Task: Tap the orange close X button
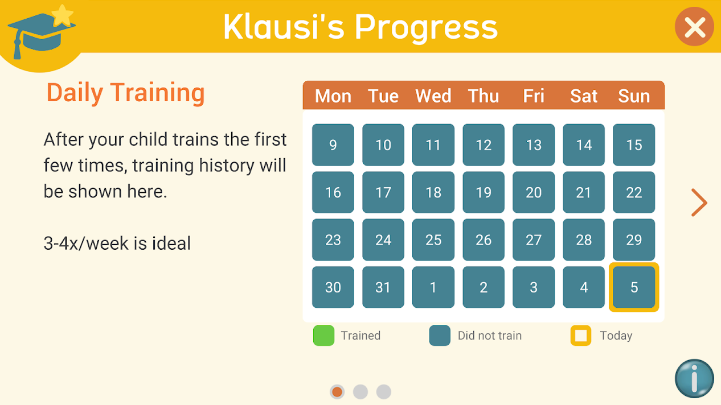(695, 27)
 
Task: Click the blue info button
(694, 378)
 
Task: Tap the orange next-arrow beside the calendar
(699, 202)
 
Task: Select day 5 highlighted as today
(634, 287)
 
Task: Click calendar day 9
(333, 144)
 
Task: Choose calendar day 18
(433, 192)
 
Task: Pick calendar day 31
(383, 287)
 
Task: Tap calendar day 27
(534, 240)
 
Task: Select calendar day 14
(584, 144)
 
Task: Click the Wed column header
(433, 96)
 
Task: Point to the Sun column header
(634, 96)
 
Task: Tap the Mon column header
(333, 96)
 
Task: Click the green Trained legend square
(324, 336)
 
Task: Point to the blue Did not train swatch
(440, 336)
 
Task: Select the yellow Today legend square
(581, 336)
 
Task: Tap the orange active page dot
(337, 392)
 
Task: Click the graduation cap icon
(41, 32)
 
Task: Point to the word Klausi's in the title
(284, 27)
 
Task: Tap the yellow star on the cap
(63, 15)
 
